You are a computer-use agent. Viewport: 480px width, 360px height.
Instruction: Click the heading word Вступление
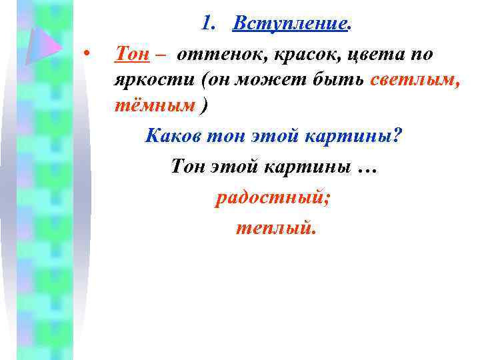coord(290,24)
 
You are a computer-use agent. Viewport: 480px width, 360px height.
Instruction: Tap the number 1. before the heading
coord(210,24)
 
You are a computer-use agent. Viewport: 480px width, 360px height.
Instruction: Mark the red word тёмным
coord(155,105)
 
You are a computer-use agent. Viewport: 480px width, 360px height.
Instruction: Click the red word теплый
coord(273,229)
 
